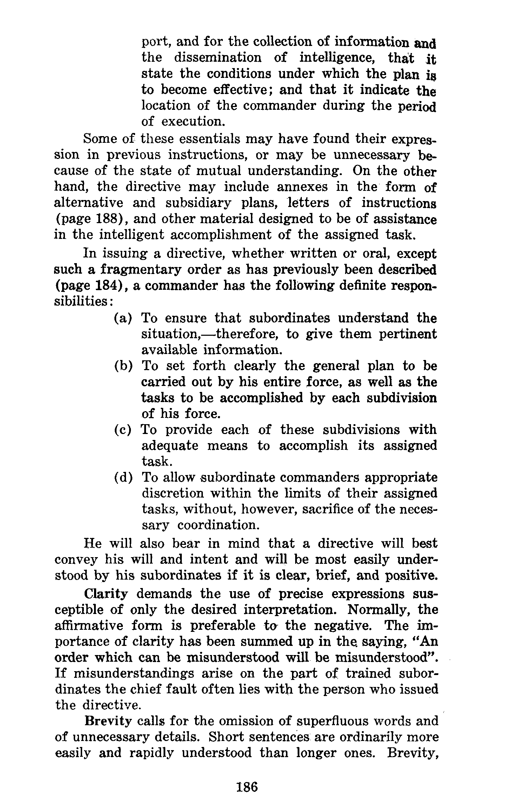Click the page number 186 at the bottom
(247, 787)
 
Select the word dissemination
(218, 58)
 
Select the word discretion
(173, 494)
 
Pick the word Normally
(379, 610)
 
